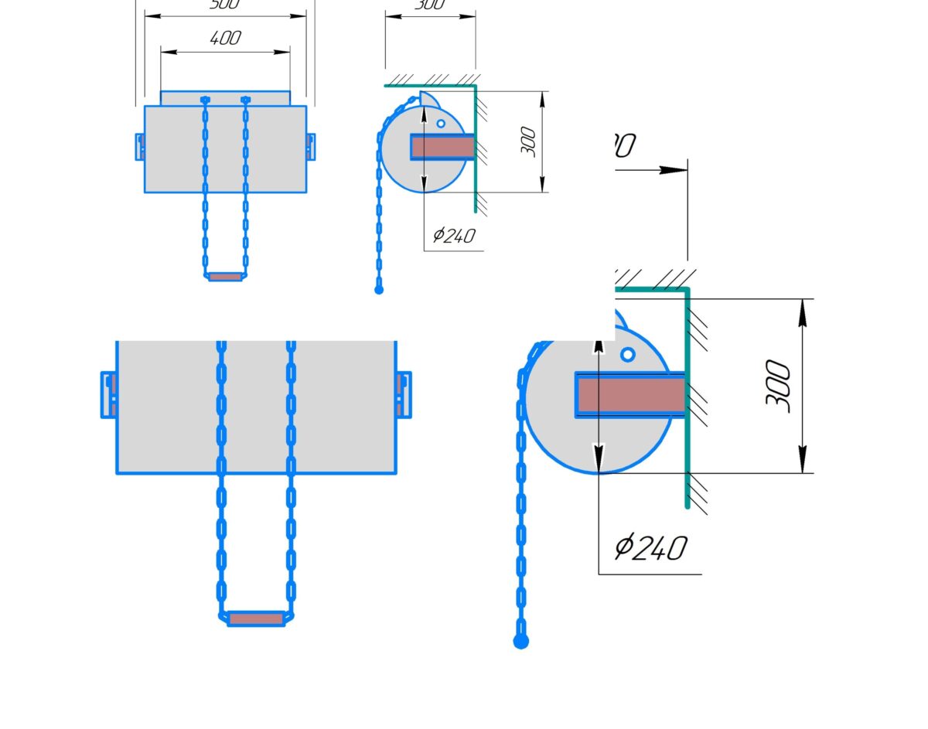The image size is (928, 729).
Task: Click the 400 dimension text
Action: click(225, 38)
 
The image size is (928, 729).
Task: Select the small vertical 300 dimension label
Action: click(529, 141)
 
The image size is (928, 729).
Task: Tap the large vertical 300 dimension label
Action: click(778, 386)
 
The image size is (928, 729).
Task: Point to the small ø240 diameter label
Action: click(454, 235)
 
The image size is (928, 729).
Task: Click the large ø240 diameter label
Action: click(650, 547)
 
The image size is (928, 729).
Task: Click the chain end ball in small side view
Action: click(379, 290)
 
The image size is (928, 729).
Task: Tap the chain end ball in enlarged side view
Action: click(521, 641)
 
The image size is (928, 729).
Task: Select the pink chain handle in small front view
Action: click(226, 276)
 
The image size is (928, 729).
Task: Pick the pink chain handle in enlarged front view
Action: click(256, 618)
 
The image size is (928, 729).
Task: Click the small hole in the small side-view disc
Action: click(441, 123)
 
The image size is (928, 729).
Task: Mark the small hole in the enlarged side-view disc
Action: click(628, 354)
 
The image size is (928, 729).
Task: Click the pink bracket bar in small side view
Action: click(442, 147)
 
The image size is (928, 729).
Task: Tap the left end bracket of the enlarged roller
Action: click(109, 394)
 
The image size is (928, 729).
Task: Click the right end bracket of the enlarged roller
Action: click(403, 394)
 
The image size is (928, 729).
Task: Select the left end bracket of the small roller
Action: click(140, 146)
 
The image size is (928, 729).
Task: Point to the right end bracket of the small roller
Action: click(310, 146)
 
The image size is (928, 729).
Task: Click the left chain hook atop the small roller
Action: click(205, 100)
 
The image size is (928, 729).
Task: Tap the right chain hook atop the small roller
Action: click(246, 100)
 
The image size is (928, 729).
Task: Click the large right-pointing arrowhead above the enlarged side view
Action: click(674, 169)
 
